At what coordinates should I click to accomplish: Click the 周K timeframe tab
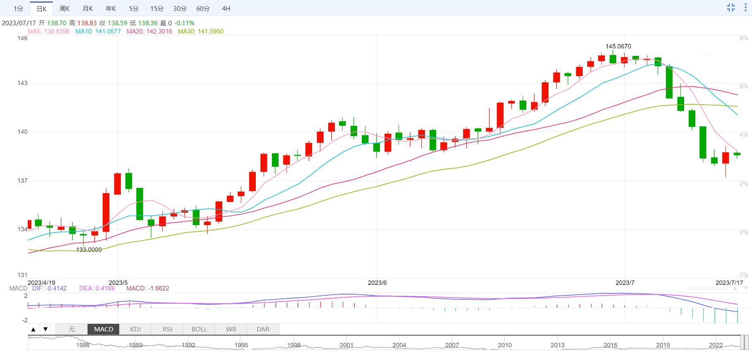(65, 8)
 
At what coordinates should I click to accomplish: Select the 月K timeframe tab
(88, 8)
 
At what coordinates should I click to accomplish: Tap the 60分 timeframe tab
(203, 8)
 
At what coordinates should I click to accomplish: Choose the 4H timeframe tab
(226, 8)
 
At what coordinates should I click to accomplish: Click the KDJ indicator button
(135, 329)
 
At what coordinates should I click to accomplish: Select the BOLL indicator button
(199, 329)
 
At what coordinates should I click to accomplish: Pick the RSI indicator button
(167, 329)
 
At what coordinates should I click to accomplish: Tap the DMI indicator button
(263, 329)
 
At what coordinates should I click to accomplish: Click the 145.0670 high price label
(618, 46)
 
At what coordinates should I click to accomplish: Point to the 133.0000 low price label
(89, 250)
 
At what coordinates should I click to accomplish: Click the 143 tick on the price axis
(22, 83)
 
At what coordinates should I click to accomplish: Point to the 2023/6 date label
(377, 283)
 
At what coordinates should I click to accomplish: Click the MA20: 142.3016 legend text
(149, 31)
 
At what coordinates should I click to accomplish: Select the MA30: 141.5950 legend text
(201, 31)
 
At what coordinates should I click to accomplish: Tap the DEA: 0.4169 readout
(97, 288)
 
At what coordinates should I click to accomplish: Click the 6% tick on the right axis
(744, 86)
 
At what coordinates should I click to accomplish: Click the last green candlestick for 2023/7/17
(737, 154)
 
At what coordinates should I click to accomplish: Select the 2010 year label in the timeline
(505, 345)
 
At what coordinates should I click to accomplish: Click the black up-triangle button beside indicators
(34, 329)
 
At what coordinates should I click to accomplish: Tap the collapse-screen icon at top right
(731, 7)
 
